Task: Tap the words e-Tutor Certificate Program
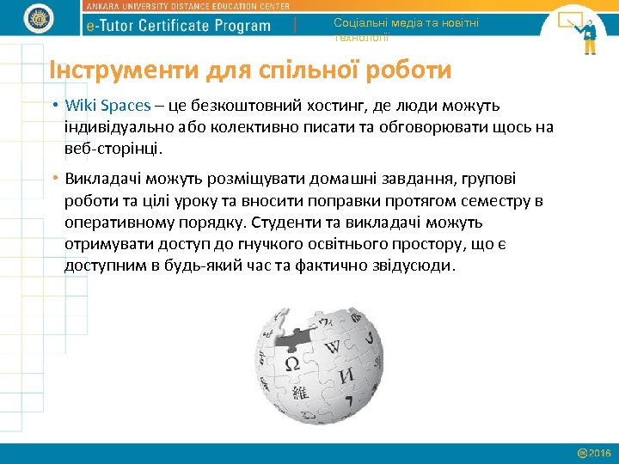coord(179,26)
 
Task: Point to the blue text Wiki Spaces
coord(107,106)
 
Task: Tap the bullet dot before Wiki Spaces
coord(54,106)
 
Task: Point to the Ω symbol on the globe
coord(292,363)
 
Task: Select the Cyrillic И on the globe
coord(346,376)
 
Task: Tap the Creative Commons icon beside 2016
coord(582,453)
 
